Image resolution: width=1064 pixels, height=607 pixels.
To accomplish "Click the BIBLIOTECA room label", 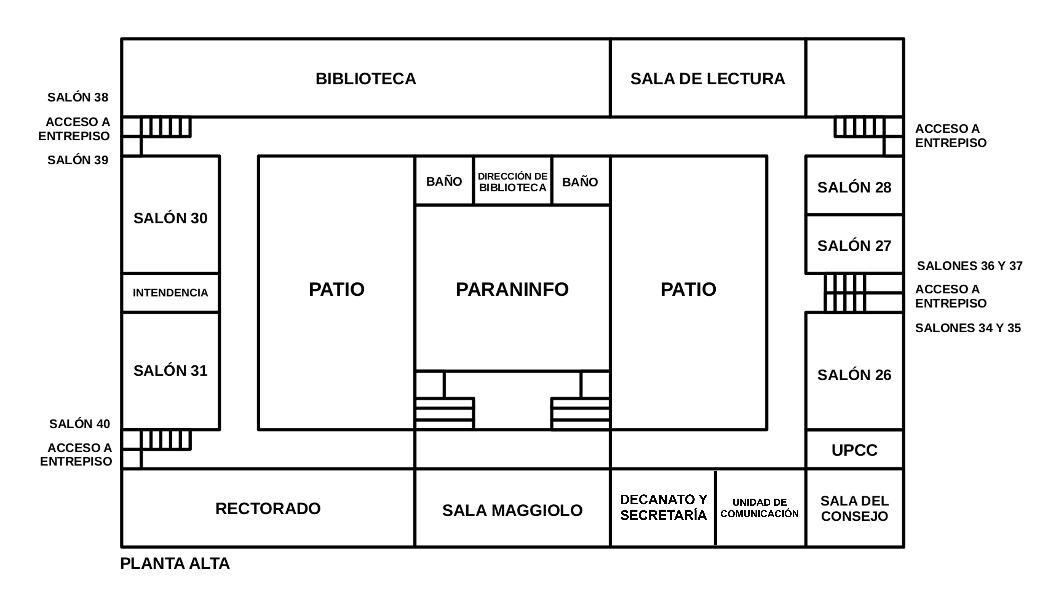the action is coord(366,79).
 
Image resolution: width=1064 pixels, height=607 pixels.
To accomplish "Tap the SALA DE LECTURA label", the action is coord(708,79).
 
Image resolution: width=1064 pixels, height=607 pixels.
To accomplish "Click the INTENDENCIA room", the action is coord(170,293).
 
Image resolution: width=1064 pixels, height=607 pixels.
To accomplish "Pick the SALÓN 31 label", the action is coord(170,371).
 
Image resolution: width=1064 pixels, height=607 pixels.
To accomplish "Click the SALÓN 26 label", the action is coord(854,375).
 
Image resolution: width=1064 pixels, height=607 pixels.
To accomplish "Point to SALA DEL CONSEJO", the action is coord(854,508).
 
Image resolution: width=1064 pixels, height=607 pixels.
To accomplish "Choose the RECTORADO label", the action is coord(268,508).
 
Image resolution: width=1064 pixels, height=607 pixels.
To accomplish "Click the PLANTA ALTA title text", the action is coord(175,563).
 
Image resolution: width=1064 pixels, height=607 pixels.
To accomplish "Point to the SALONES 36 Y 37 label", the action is coord(969,266).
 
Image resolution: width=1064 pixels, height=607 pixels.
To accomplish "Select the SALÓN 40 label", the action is coord(79,424).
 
